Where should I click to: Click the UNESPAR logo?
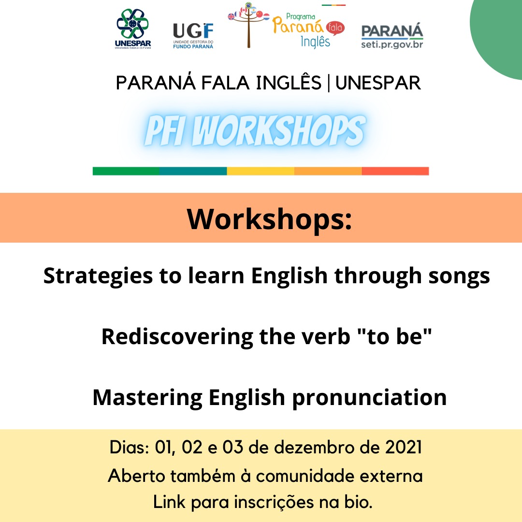(133, 29)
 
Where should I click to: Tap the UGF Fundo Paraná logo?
(193, 36)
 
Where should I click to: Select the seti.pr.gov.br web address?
(392, 44)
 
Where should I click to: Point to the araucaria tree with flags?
(248, 25)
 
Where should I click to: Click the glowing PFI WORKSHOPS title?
(255, 130)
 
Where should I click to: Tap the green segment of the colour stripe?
(126, 171)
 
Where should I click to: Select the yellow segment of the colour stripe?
(261, 171)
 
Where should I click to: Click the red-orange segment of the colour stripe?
(395, 171)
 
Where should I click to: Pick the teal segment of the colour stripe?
(193, 171)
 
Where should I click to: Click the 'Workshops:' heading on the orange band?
(269, 219)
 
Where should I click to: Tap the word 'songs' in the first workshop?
(459, 276)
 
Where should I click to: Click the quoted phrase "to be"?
(394, 336)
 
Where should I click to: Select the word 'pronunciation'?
(370, 398)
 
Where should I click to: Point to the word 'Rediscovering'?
(177, 337)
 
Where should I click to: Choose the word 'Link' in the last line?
(169, 502)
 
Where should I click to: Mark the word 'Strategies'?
(98, 276)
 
